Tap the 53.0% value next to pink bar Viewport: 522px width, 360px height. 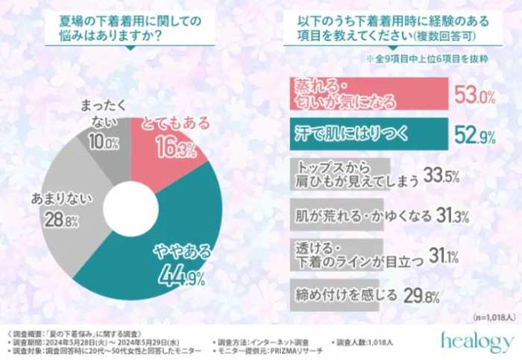click(474, 95)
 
